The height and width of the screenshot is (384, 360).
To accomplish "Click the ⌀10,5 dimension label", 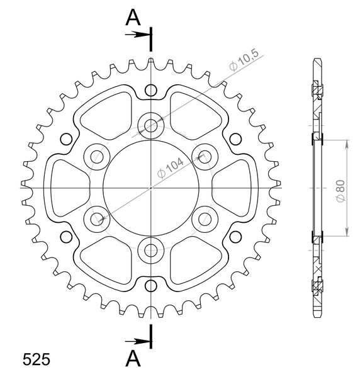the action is (x=244, y=60).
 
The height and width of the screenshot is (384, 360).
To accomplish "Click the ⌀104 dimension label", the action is (x=171, y=168).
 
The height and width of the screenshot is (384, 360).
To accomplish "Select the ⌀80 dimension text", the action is (x=340, y=191).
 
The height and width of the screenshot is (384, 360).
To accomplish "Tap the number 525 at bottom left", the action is (x=37, y=359).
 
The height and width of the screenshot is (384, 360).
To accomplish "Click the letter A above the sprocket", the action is (x=133, y=17).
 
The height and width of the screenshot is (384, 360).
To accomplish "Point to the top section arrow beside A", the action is (x=137, y=35).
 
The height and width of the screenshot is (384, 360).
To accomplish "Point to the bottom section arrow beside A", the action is (x=137, y=341).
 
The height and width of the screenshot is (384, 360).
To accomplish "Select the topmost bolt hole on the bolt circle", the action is (x=151, y=126).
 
